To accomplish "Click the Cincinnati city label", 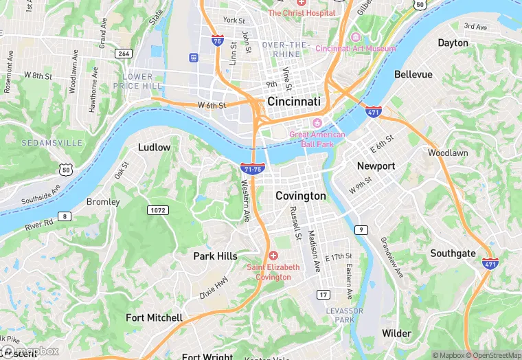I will click(293, 101).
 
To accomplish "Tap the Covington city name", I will click(300, 196).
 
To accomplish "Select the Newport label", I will click(376, 166).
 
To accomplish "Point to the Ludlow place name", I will click(154, 147).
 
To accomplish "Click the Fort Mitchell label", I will click(154, 317).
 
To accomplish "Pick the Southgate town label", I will click(453, 254).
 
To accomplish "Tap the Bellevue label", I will click(413, 74).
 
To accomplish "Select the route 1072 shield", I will click(157, 210).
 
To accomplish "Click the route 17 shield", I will click(322, 295).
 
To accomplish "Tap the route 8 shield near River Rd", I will click(65, 216).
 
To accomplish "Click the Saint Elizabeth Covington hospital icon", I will click(273, 256).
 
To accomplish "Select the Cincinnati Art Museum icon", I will click(356, 36).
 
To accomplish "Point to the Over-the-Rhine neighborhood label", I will click(286, 49).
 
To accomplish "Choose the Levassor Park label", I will click(340, 315).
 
